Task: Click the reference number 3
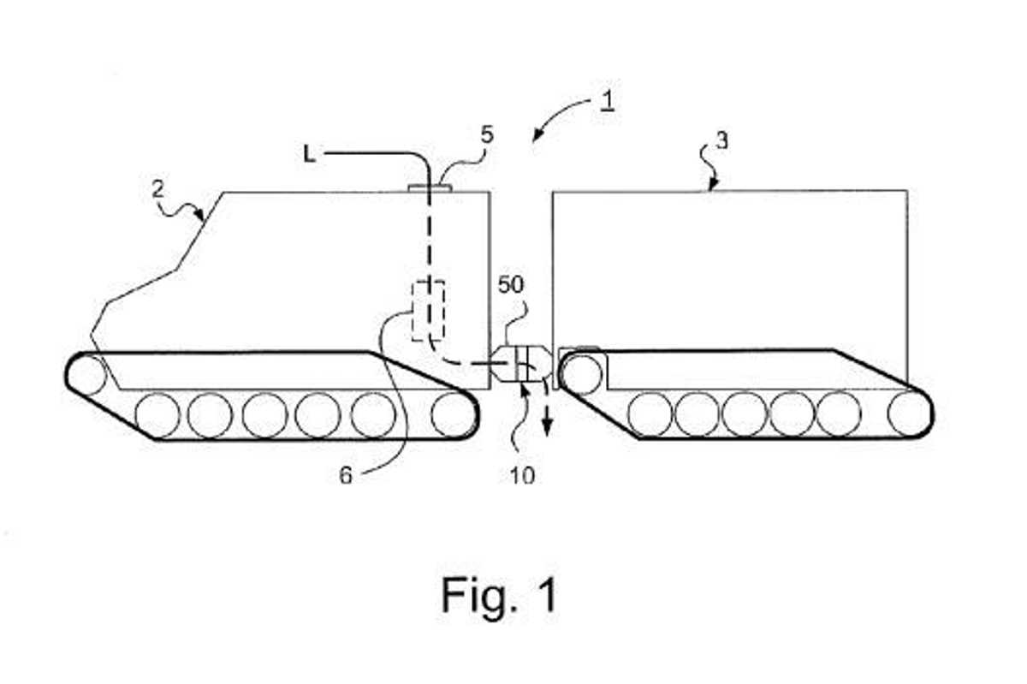(721, 141)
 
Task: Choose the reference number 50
(511, 285)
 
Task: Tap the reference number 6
(345, 474)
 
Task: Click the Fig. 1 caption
(499, 593)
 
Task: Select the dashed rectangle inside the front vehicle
(428, 309)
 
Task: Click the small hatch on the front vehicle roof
(430, 187)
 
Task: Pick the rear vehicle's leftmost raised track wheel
(581, 372)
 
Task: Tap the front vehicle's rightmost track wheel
(453, 414)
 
